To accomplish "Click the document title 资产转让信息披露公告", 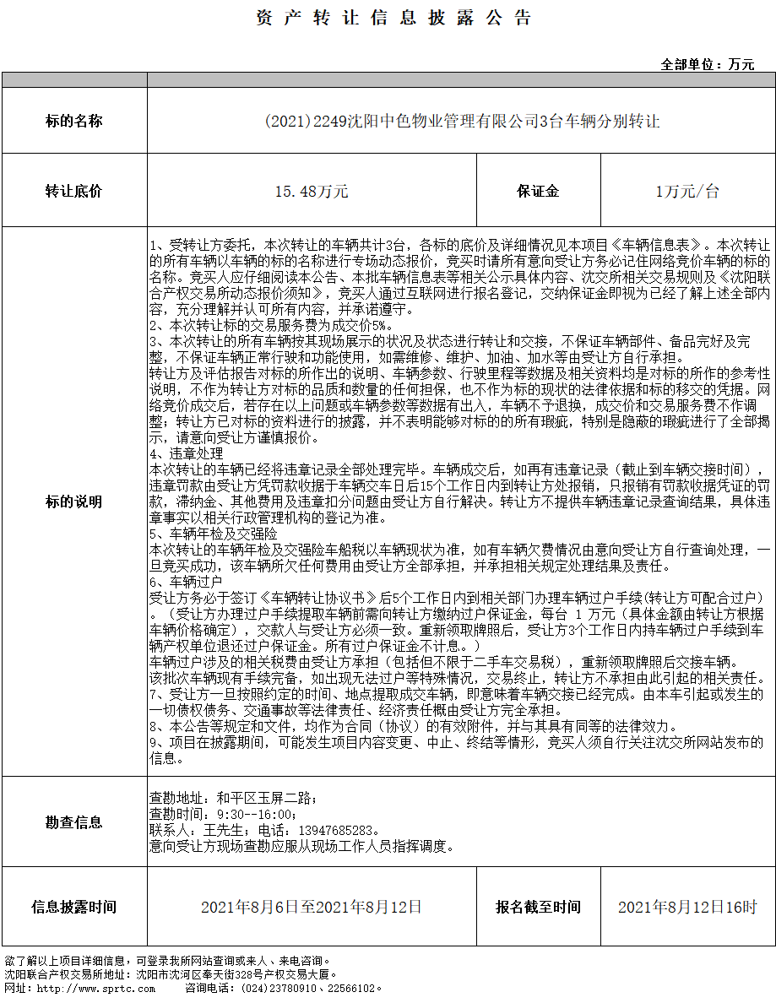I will click(x=393, y=18).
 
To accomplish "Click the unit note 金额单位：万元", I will click(x=707, y=64).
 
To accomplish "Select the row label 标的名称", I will click(x=73, y=121).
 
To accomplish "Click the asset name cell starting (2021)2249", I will click(x=461, y=121).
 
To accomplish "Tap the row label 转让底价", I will click(x=73, y=191).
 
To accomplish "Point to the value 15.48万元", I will click(x=312, y=191).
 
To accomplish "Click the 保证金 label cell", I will click(x=538, y=191).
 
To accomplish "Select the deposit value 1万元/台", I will click(x=687, y=191).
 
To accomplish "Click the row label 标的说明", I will click(x=73, y=501).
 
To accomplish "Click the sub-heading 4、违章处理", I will click(x=187, y=453).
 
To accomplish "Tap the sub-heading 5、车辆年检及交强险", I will click(x=212, y=534).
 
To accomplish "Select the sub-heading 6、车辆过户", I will click(x=187, y=582).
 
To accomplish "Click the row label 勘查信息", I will click(x=73, y=821).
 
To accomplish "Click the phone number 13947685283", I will click(x=335, y=829).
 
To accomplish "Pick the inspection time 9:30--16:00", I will click(x=257, y=813).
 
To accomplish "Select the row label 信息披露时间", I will click(x=73, y=907).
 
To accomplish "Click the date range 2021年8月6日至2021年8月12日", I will click(x=312, y=907).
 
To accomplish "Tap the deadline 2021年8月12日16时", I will click(x=687, y=907).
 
